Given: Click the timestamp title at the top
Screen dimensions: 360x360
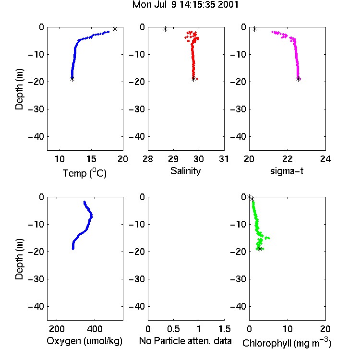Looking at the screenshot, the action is (185, 5).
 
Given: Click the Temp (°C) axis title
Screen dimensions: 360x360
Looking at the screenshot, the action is (84, 173).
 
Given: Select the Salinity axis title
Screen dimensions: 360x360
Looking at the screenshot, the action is (185, 171).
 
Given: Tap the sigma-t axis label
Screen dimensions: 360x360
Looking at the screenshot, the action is (287, 171).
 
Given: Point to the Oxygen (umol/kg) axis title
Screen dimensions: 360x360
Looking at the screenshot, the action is (84, 341).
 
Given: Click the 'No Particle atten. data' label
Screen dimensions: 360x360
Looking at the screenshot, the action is (185, 341).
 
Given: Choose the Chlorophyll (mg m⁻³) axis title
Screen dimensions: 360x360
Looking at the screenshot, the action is (287, 342).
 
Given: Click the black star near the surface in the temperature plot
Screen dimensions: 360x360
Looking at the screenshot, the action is (115, 29).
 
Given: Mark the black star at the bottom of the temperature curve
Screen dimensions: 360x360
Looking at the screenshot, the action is (72, 79).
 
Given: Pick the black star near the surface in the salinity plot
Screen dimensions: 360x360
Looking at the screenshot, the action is (165, 29).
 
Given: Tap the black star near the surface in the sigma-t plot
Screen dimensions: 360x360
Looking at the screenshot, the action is (254, 29).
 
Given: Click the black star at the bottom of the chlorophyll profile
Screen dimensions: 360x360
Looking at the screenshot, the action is (260, 249).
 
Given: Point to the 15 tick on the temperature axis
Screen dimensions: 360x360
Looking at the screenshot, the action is (91, 159).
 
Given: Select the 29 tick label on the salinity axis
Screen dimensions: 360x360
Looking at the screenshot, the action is (173, 159).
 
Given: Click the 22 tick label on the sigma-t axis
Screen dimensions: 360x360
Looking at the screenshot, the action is (288, 159).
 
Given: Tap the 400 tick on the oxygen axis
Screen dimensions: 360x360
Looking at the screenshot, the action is (95, 329).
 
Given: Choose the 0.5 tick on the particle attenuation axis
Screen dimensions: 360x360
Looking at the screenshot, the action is (173, 329).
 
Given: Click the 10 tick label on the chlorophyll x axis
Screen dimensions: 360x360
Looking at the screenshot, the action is (288, 329).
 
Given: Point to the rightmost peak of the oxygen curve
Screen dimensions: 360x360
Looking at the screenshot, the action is (92, 216).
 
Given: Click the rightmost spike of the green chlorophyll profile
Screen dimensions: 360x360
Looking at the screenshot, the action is (269, 238).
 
